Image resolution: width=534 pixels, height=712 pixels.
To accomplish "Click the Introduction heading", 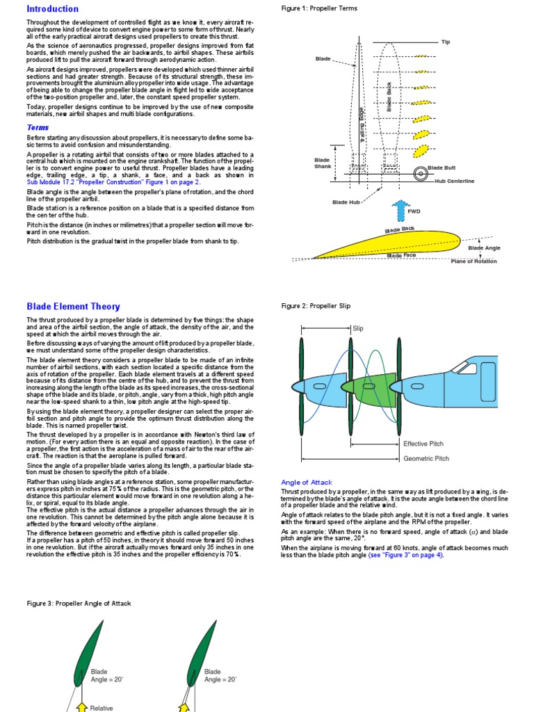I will [x=52, y=9].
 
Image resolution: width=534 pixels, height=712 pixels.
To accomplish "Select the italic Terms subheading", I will [x=38, y=127].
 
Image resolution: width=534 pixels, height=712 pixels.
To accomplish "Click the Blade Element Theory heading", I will [x=73, y=306].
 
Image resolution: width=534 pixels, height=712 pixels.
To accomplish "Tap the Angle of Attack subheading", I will [x=307, y=482].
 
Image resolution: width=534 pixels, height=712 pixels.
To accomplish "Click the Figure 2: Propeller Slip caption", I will [x=316, y=306].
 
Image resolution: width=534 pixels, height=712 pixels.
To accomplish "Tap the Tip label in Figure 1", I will [x=446, y=42].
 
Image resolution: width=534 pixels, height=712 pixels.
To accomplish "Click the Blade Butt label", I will [x=442, y=168].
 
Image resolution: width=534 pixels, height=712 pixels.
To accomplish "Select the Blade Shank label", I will [x=322, y=163].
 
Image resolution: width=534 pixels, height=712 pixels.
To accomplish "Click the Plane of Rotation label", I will [x=474, y=261].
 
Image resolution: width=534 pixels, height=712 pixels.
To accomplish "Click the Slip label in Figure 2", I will [x=358, y=328].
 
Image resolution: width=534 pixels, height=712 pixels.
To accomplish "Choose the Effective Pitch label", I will [x=423, y=444].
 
